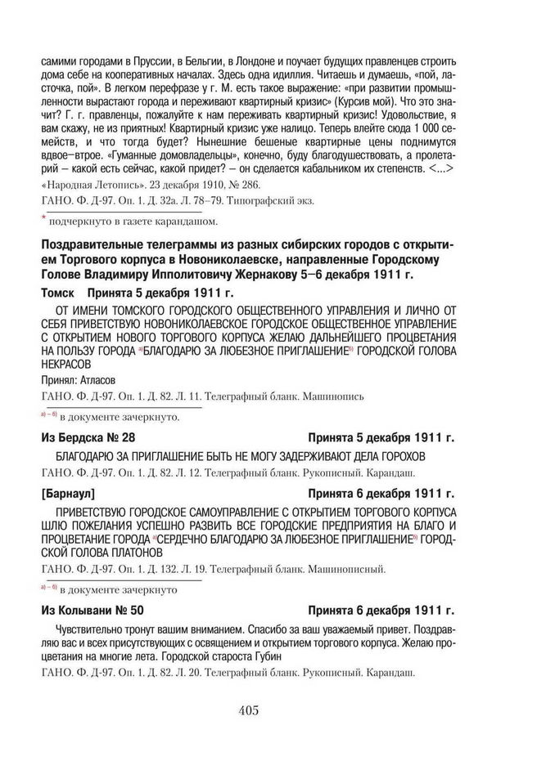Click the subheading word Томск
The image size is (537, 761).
[x=58, y=293]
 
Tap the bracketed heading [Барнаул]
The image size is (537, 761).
[x=68, y=495]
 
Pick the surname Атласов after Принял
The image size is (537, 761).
[x=97, y=381]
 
